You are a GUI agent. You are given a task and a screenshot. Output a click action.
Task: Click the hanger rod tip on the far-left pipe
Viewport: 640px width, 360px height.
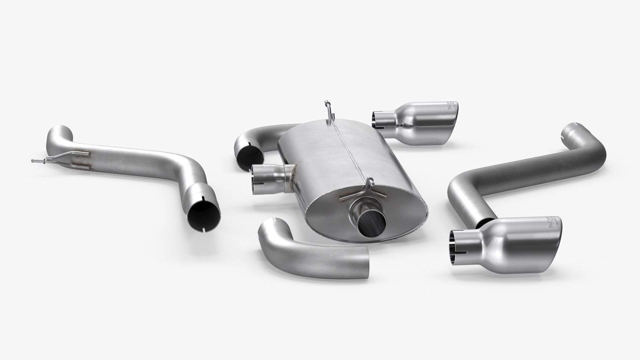pyautogui.click(x=33, y=161)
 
